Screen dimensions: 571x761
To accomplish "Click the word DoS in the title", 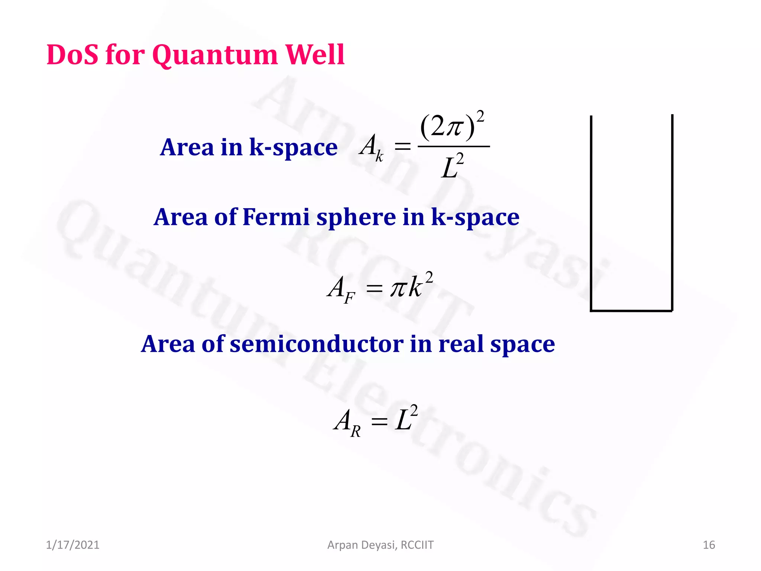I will point(72,55).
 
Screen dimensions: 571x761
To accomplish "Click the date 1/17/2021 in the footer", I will point(72,545).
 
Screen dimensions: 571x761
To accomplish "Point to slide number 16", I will point(709,545).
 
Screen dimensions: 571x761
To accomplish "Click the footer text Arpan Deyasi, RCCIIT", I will point(380,545).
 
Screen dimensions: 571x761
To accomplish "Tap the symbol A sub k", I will point(371,147).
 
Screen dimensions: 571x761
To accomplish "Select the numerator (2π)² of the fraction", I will point(452,126).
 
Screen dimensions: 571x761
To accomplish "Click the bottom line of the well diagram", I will point(631,310).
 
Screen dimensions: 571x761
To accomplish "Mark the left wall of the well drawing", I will point(591,212).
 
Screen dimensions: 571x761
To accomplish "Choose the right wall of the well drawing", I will point(672,212).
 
